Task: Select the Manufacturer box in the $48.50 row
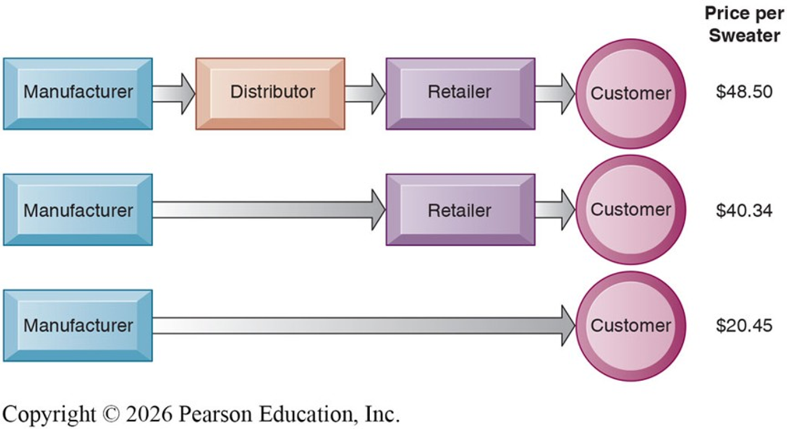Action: coord(78,93)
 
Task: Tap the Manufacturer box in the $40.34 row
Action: coord(78,210)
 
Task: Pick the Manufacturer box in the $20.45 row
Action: coord(78,325)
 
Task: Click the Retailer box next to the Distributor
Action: coord(460,93)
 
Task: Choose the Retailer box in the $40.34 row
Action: coord(460,210)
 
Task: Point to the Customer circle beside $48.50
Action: coord(630,93)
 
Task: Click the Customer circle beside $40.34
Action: coord(630,210)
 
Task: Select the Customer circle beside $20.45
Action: coord(630,325)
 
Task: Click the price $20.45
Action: coord(744,325)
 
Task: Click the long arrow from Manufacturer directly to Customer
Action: coord(361,325)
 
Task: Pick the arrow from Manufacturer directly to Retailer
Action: coord(268,210)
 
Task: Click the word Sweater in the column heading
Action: coord(744,36)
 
